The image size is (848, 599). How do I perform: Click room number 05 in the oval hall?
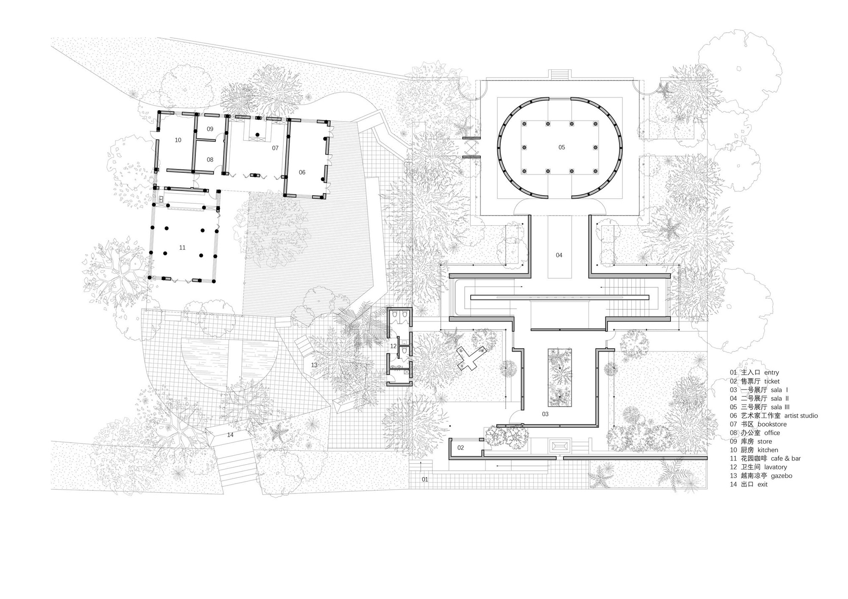tap(561, 147)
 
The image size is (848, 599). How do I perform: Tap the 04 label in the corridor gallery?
tap(559, 255)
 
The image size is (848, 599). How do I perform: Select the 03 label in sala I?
tap(545, 414)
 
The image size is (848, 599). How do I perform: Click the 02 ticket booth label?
tap(460, 447)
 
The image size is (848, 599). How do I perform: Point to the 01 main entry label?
tap(424, 479)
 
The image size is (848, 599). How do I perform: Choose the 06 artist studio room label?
tap(302, 172)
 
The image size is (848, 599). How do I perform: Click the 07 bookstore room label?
tap(275, 148)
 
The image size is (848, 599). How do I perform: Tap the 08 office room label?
tap(210, 160)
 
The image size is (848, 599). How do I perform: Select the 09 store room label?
tap(210, 129)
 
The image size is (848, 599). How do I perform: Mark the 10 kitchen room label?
tap(178, 140)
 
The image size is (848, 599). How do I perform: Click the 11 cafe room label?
tap(182, 247)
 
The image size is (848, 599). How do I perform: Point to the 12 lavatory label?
tap(393, 346)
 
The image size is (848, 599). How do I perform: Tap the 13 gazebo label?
tap(314, 365)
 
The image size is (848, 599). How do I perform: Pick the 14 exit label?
tap(230, 435)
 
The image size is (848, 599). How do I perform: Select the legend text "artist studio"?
tap(801, 416)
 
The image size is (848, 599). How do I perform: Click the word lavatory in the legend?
tap(775, 467)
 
